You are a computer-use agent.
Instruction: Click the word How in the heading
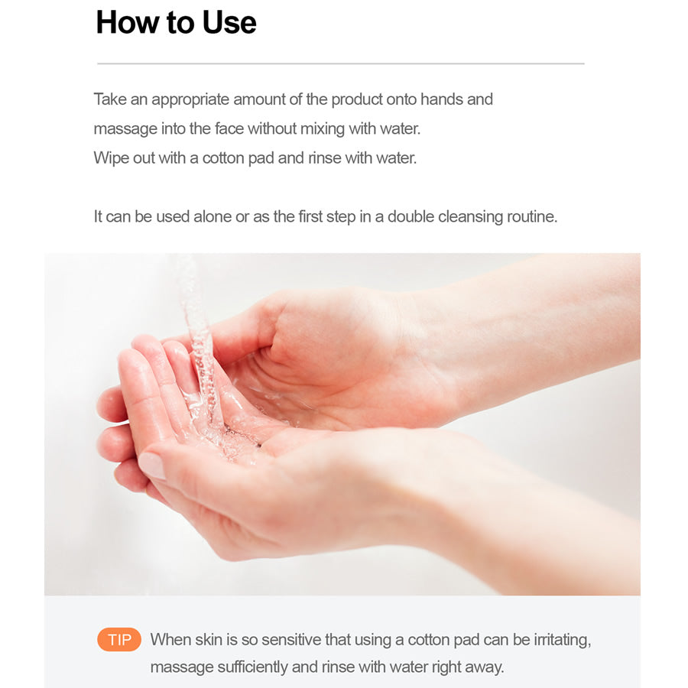(x=125, y=22)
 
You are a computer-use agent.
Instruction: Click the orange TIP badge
(x=119, y=639)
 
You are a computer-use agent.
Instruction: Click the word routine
(x=531, y=216)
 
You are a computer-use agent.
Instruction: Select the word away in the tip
(x=484, y=667)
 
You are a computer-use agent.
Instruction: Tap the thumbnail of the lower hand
(x=152, y=466)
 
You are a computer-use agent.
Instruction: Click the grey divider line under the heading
(x=340, y=63)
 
